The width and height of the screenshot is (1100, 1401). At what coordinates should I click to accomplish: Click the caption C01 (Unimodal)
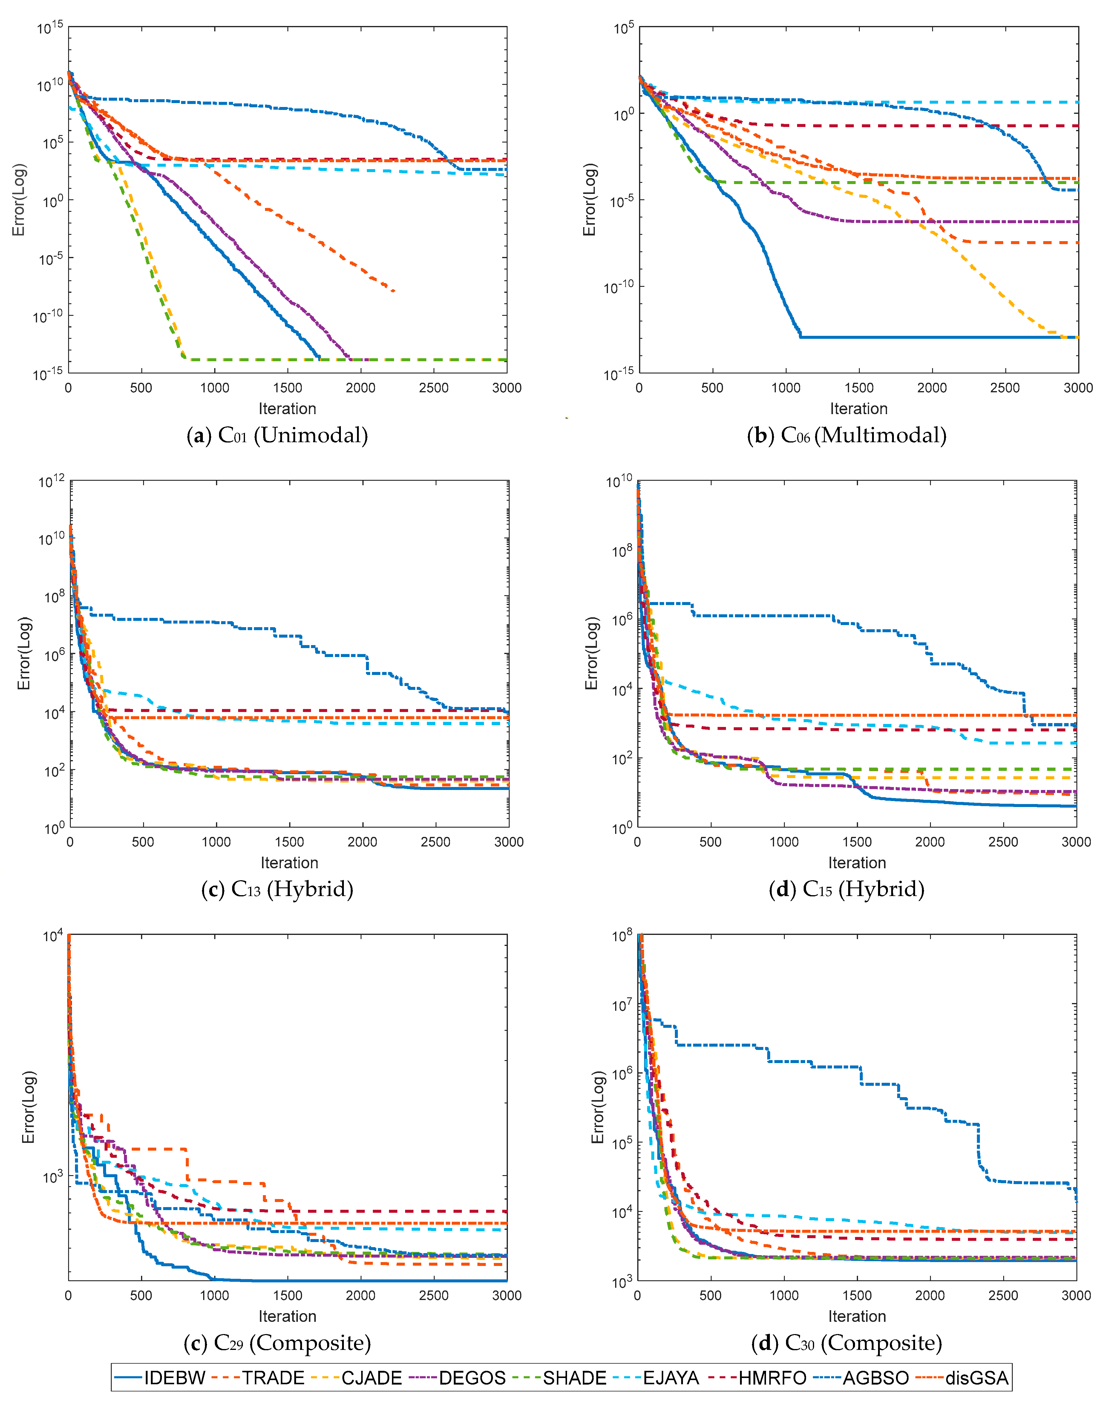coord(278,435)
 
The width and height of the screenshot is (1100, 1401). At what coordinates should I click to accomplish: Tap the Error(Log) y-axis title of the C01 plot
coord(19,200)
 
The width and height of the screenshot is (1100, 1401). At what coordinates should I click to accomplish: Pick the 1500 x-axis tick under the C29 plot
coord(287,1295)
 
